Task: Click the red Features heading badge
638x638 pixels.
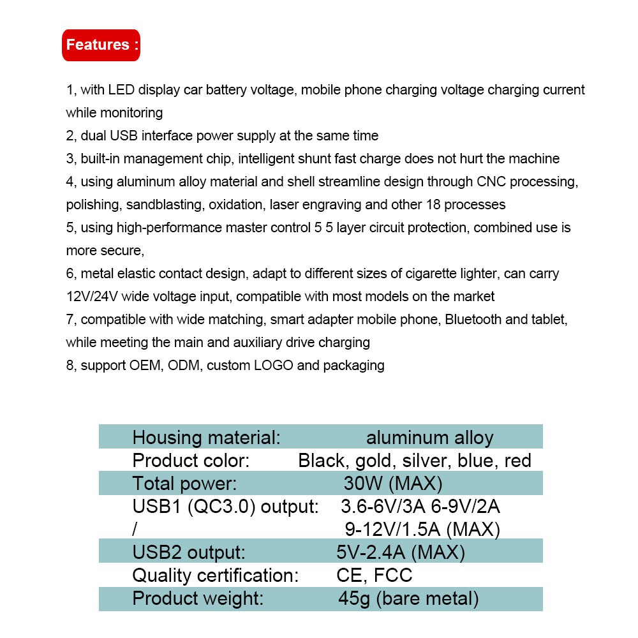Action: click(x=101, y=45)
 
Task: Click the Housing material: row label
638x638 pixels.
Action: click(x=206, y=438)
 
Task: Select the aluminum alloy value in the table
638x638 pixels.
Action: click(x=429, y=438)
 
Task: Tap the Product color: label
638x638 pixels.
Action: click(x=190, y=461)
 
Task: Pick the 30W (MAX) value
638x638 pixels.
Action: click(x=392, y=484)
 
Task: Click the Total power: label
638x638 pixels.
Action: click(x=184, y=484)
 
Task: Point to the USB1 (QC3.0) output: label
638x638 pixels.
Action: click(x=225, y=507)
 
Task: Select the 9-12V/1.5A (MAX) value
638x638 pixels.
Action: click(x=422, y=530)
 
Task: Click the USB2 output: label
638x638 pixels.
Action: click(x=188, y=553)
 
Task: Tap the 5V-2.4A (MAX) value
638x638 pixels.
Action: click(x=400, y=553)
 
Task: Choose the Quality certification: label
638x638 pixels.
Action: click(x=215, y=575)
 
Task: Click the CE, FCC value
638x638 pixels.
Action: click(x=374, y=575)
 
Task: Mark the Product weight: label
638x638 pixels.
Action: click(x=198, y=598)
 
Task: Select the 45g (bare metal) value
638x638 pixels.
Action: click(x=408, y=598)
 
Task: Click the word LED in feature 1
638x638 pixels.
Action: click(x=121, y=90)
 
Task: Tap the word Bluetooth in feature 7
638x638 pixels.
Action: click(x=474, y=320)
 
